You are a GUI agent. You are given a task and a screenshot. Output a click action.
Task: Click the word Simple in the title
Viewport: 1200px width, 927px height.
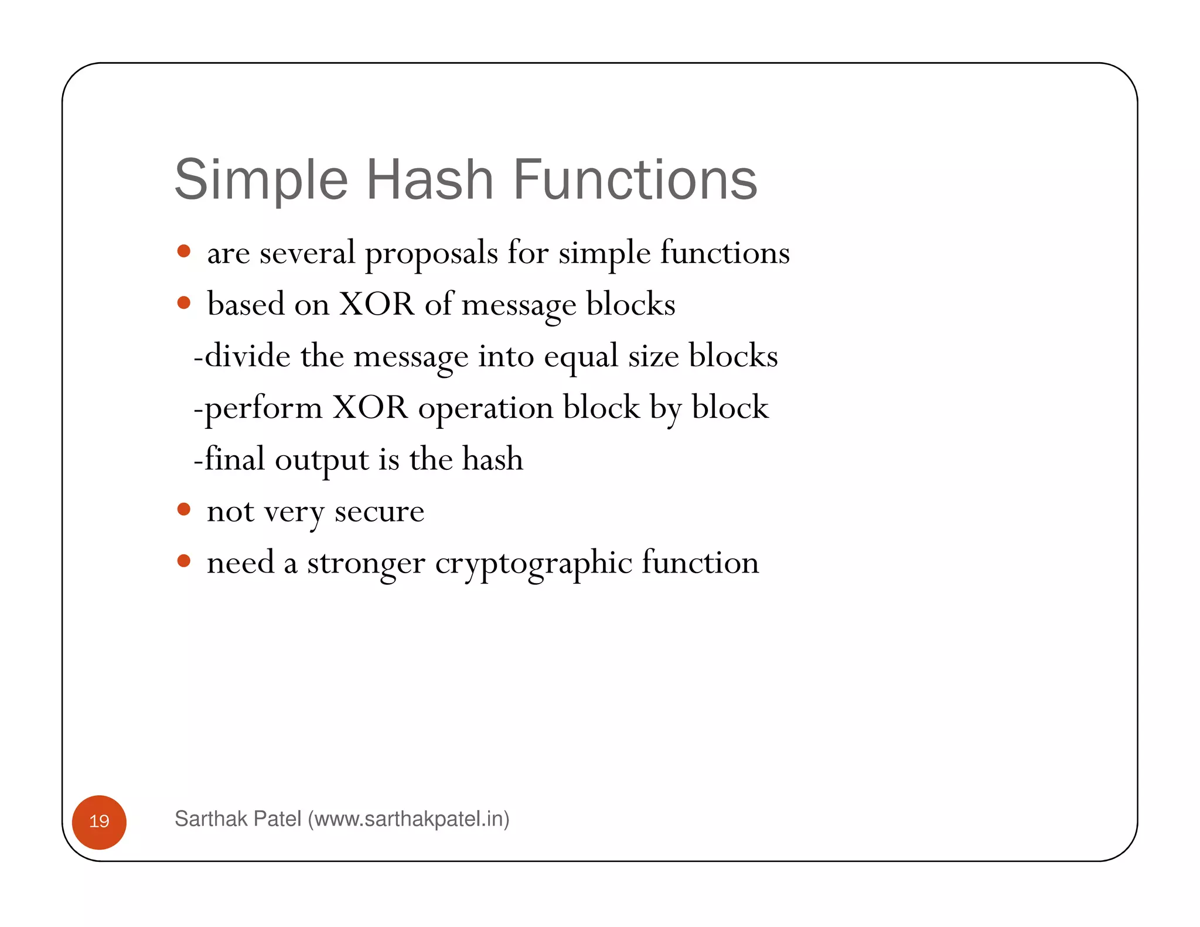tap(261, 180)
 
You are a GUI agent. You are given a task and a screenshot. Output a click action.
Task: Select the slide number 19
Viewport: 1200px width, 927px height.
tap(99, 821)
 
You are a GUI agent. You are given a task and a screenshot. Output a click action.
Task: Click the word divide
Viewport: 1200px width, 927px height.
tap(247, 356)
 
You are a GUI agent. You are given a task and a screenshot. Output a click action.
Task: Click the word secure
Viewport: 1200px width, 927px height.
tap(379, 512)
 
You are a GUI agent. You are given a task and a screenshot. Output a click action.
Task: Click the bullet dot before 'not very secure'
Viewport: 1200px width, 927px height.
tap(184, 509)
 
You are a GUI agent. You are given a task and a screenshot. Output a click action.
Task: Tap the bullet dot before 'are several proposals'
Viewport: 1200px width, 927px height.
tap(184, 251)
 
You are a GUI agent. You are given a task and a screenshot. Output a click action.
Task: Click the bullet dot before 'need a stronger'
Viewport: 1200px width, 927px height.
tap(184, 561)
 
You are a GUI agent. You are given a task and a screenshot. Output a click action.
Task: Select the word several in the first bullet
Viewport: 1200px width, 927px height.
tap(307, 253)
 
